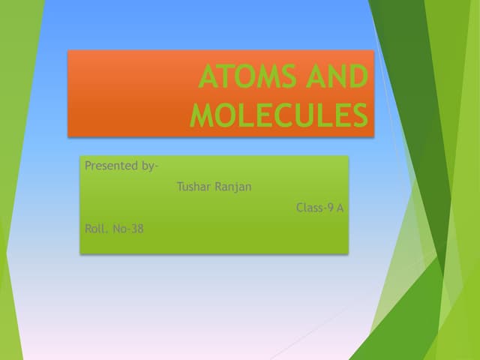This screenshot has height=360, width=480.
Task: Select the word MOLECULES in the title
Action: pyautogui.click(x=280, y=115)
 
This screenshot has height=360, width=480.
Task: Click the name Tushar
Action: pyautogui.click(x=193, y=187)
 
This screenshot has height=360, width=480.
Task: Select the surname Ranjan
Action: pyautogui.click(x=233, y=187)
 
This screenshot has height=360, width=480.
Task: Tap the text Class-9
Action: pyautogui.click(x=314, y=208)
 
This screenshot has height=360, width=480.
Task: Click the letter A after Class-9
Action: pyautogui.click(x=340, y=208)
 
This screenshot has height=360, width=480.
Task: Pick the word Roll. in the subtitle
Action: pyautogui.click(x=96, y=229)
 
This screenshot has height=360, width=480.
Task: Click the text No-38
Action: pyautogui.click(x=127, y=229)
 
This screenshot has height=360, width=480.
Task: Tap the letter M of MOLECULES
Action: pyautogui.click(x=202, y=115)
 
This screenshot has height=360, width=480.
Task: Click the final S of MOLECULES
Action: pyautogui.click(x=360, y=115)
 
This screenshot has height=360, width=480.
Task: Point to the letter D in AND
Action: pyautogui.click(x=358, y=78)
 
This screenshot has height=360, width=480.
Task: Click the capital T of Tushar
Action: pyautogui.click(x=180, y=187)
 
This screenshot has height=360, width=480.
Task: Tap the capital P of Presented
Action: pyautogui.click(x=88, y=166)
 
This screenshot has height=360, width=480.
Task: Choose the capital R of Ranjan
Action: pyautogui.click(x=218, y=187)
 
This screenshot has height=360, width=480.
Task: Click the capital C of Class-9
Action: pyautogui.click(x=300, y=208)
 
